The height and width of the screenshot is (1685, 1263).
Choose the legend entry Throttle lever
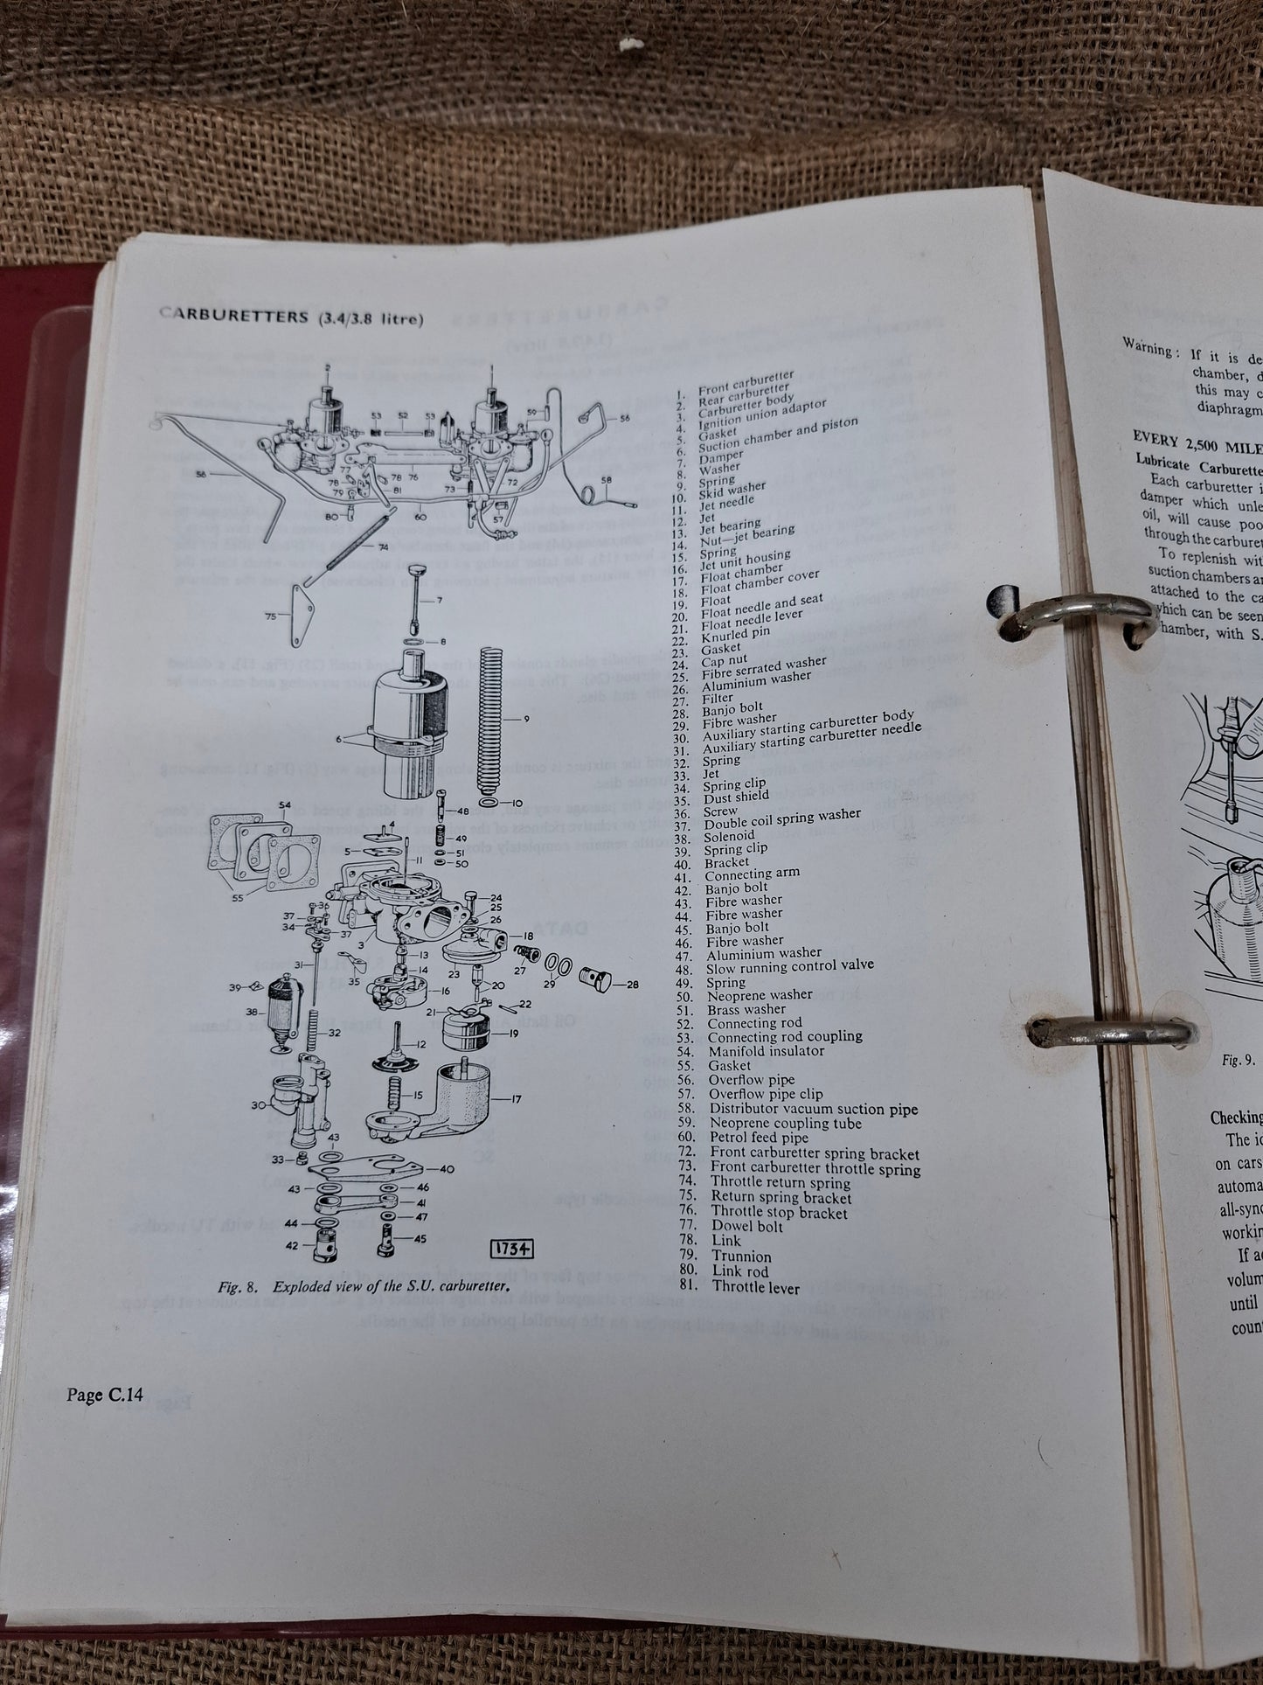[744, 1287]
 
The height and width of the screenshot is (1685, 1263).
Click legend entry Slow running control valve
[789, 966]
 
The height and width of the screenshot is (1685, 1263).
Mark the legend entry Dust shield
[737, 796]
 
